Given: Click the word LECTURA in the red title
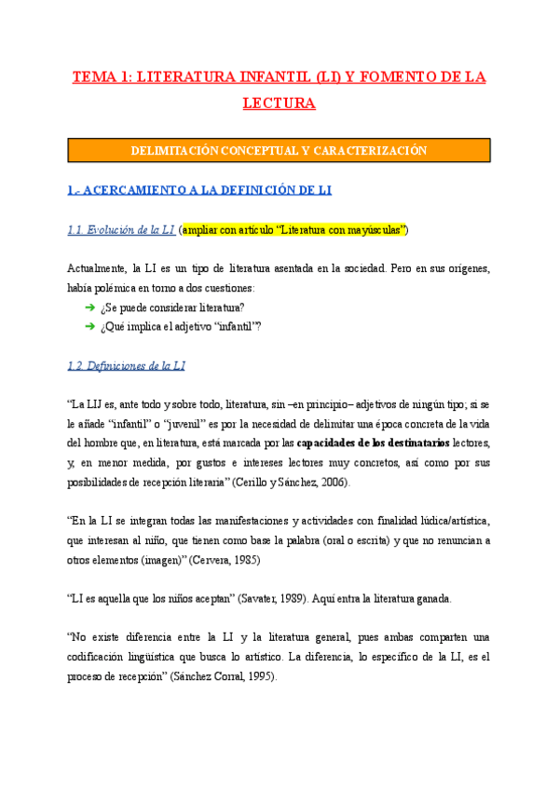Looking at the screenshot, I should point(279,102).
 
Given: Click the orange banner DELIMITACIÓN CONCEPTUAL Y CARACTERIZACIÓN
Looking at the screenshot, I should point(279,150).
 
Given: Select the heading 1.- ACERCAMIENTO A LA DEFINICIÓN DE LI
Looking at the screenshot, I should point(199,190).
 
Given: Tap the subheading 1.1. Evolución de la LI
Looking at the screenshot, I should point(121,229).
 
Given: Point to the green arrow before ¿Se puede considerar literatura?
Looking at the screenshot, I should point(89,307).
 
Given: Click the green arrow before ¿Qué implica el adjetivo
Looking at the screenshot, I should point(89,325).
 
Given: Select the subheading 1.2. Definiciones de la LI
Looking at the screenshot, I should point(127,365).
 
